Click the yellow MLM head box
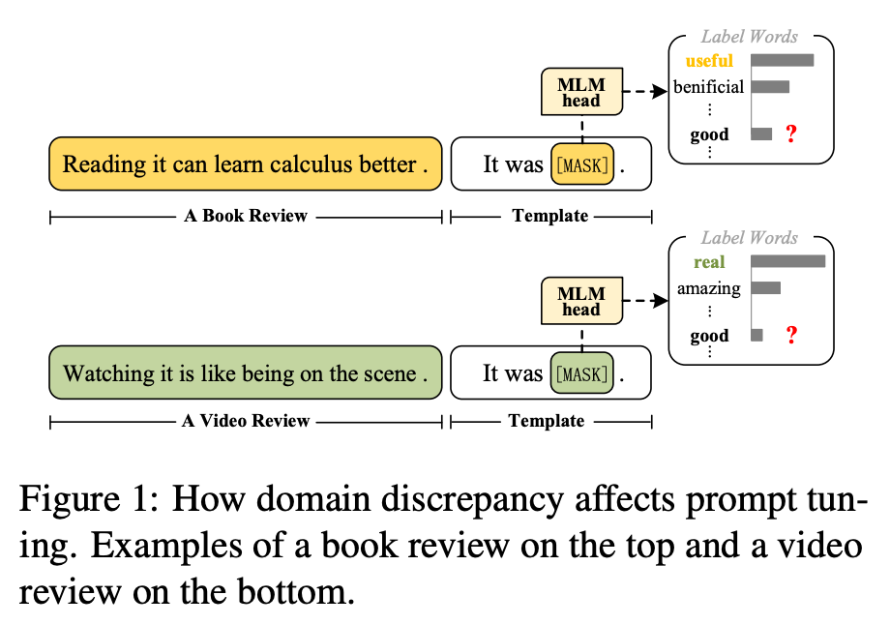[580, 93]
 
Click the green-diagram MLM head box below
[580, 301]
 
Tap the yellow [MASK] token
[582, 164]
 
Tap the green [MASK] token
[581, 373]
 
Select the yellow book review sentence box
[246, 164]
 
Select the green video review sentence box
[246, 373]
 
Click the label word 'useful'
[709, 61]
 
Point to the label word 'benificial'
[709, 87]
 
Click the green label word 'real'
[709, 262]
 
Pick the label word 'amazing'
[709, 288]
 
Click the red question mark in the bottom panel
[791, 336]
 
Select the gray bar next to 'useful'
[782, 61]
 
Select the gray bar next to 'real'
[787, 261]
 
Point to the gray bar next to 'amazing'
[765, 287]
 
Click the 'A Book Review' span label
[246, 216]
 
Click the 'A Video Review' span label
[246, 421]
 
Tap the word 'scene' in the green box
[386, 373]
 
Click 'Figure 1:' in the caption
[87, 501]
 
